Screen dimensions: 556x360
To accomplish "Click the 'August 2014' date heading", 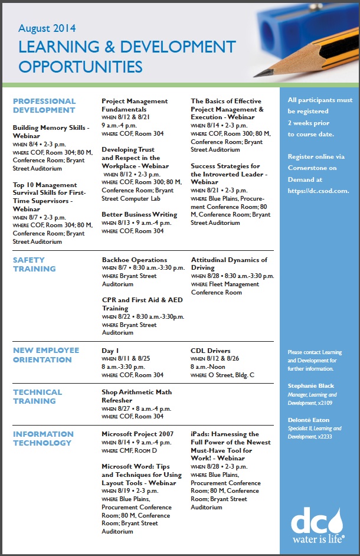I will (x=47, y=28).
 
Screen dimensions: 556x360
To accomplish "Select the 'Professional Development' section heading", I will (x=44, y=106).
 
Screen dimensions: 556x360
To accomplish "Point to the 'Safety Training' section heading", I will (x=34, y=264).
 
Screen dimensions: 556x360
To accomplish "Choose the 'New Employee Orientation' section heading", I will (x=46, y=355).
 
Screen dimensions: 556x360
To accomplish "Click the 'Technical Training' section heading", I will (x=37, y=397).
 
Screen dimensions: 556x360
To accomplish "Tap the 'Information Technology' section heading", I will (x=42, y=439).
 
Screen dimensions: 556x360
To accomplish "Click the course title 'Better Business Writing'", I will (x=139, y=214).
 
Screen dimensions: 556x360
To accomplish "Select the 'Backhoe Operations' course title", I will (x=135, y=260).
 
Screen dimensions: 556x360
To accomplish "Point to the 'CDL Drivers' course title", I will (x=211, y=351).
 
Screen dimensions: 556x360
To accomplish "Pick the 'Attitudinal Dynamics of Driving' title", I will (x=229, y=264).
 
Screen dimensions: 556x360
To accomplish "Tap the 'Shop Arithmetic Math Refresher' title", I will (x=137, y=396).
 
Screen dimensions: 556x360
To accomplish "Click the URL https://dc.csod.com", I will (x=319, y=191).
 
